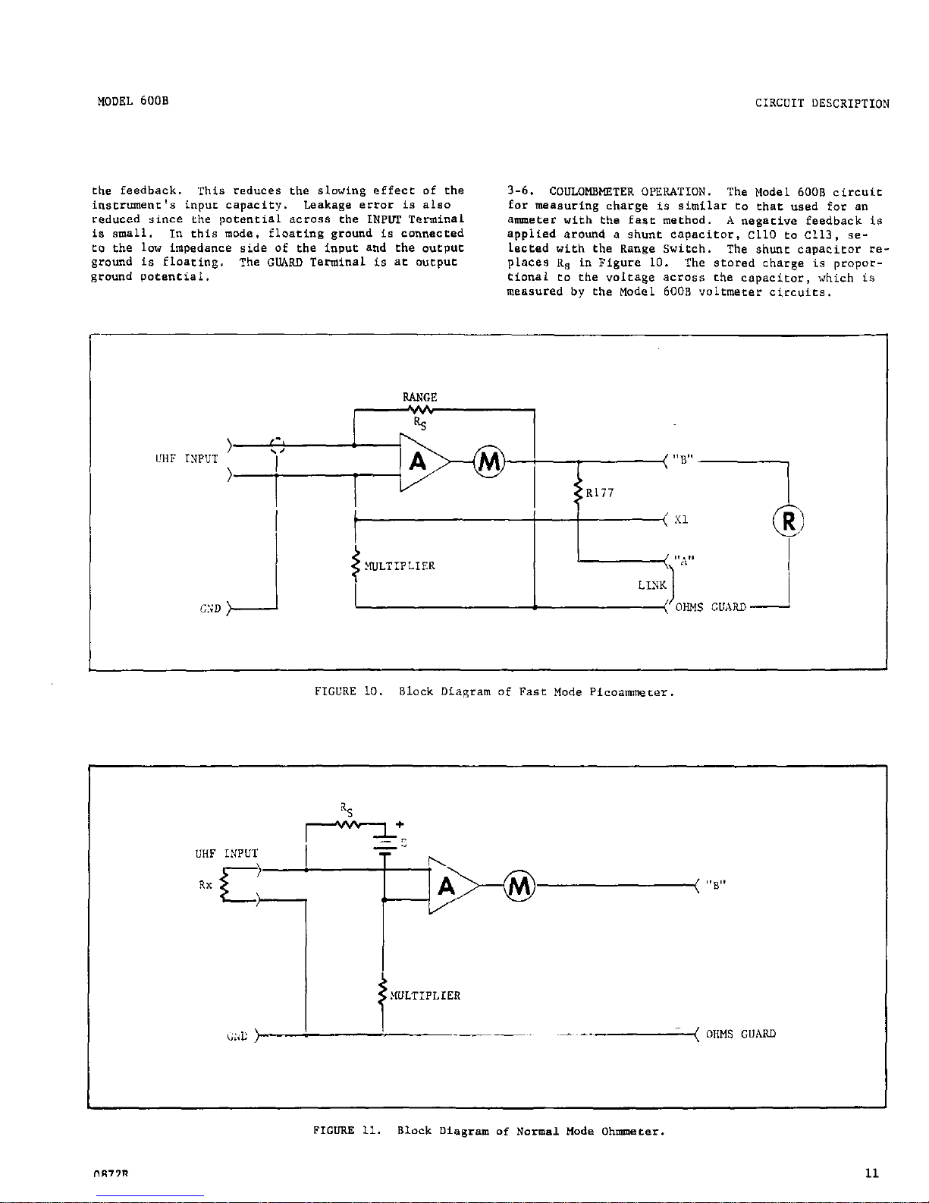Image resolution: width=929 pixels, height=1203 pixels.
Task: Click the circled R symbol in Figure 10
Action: pyautogui.click(x=789, y=521)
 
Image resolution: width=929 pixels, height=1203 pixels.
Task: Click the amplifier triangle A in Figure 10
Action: pyautogui.click(x=419, y=461)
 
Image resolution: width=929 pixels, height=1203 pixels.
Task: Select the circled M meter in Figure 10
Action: pyautogui.click(x=489, y=461)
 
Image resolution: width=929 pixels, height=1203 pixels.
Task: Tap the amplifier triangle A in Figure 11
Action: pyautogui.click(x=449, y=885)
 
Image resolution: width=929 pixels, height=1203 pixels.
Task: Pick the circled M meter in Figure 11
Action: pyautogui.click(x=519, y=885)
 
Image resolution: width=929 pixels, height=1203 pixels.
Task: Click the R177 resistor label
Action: pyautogui.click(x=600, y=493)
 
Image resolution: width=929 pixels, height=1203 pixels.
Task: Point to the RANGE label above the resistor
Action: pyautogui.click(x=419, y=397)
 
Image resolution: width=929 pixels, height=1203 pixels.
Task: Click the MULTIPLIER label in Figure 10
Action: pyautogui.click(x=400, y=566)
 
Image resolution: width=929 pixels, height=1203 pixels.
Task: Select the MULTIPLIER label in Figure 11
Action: pyautogui.click(x=425, y=996)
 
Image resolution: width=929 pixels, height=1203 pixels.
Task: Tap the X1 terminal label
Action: pyautogui.click(x=680, y=521)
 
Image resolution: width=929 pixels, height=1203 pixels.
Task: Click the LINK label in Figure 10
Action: pyautogui.click(x=652, y=585)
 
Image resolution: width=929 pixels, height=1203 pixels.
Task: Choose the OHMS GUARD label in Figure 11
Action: pyautogui.click(x=740, y=1034)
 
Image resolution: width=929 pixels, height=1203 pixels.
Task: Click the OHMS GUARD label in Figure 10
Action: pyautogui.click(x=710, y=607)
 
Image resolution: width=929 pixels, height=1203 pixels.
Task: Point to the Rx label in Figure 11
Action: pyautogui.click(x=206, y=885)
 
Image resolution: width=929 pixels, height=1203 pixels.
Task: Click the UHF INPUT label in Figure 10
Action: pyautogui.click(x=186, y=459)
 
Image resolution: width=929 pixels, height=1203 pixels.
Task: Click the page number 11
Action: pyautogui.click(x=871, y=1173)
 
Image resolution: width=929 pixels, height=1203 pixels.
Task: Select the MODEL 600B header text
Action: pyautogui.click(x=133, y=101)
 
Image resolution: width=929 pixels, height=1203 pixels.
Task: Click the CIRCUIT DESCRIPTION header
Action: pyautogui.click(x=822, y=104)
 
